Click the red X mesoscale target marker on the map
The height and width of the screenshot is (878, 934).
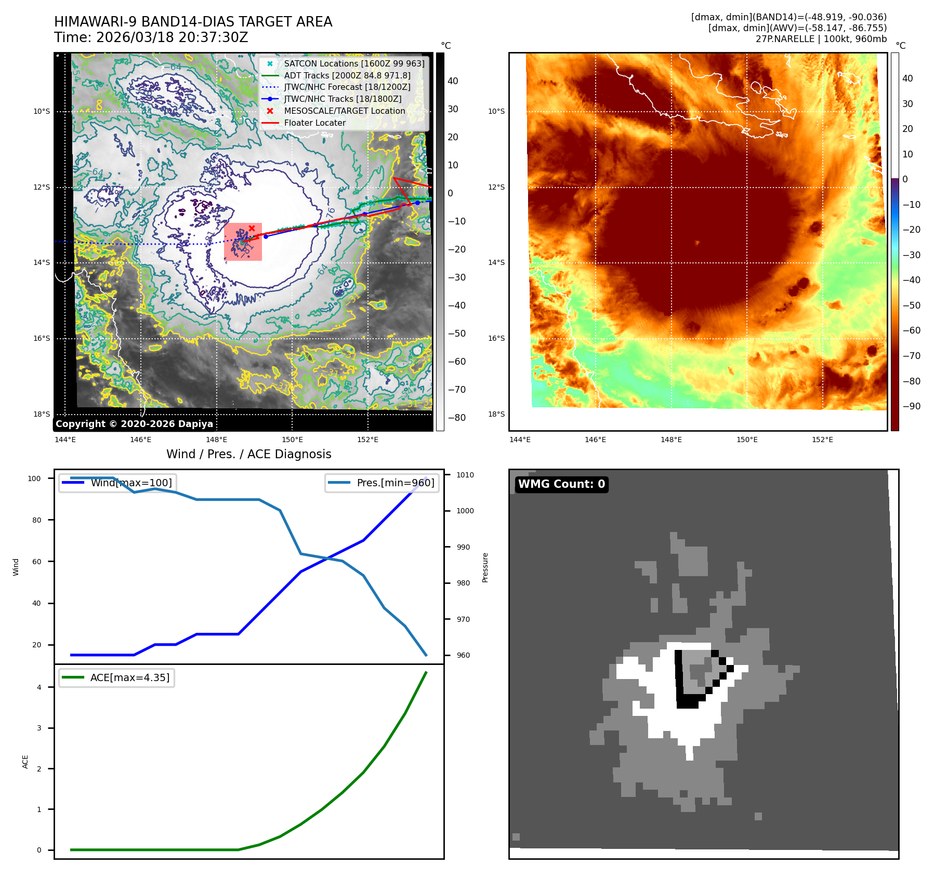(x=252, y=228)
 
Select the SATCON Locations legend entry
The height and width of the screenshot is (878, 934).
(x=353, y=63)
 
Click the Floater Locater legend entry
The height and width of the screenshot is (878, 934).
(x=314, y=123)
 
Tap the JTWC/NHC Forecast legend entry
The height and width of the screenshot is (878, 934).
(x=347, y=87)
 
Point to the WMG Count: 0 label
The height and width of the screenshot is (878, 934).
(x=561, y=484)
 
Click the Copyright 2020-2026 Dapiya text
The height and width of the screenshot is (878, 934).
(x=134, y=424)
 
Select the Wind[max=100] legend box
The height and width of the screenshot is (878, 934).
(x=117, y=483)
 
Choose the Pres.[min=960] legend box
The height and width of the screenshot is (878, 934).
(x=382, y=483)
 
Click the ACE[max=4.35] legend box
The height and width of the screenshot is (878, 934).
(x=117, y=677)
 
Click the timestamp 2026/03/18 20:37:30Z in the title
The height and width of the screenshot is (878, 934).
(x=172, y=37)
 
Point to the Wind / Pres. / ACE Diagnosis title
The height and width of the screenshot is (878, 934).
(x=248, y=454)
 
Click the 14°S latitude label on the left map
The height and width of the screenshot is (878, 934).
(x=42, y=263)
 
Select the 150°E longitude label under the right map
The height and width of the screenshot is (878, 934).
(x=747, y=440)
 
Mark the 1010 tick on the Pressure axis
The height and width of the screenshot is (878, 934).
(x=465, y=475)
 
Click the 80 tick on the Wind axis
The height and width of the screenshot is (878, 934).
(x=36, y=520)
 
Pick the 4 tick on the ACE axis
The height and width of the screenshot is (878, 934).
(x=39, y=687)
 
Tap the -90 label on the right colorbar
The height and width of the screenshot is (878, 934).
(x=912, y=406)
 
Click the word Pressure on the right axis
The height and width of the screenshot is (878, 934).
(x=485, y=567)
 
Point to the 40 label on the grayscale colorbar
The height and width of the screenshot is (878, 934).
(x=453, y=81)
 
